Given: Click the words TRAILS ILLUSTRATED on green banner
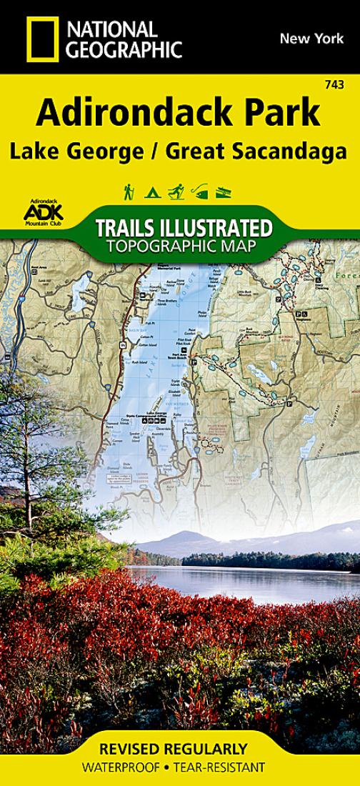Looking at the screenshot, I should point(183,229).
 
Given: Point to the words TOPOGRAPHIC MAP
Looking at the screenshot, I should point(183,247).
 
